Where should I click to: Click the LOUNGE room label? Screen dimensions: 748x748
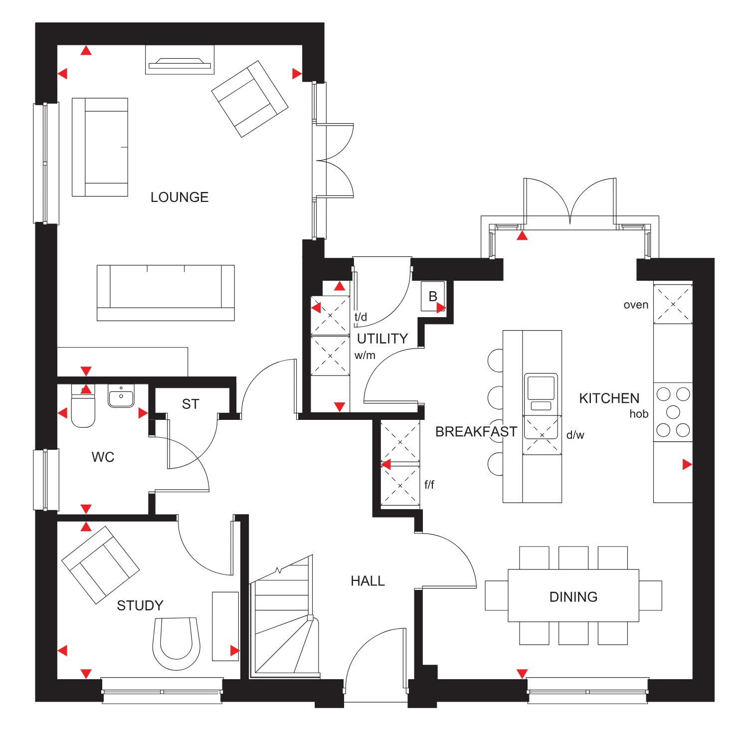pos(180,197)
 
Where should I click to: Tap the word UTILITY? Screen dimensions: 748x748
pos(382,339)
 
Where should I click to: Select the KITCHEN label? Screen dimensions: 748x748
pos(609,398)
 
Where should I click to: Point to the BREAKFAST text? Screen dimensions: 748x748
pos(476,432)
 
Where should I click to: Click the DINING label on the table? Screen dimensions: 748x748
pos(573,597)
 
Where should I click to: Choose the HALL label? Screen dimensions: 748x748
pos(368,581)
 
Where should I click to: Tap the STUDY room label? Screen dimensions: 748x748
pos(140,605)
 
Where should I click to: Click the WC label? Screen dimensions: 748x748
pos(103,457)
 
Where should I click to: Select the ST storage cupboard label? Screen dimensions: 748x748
pos(190,404)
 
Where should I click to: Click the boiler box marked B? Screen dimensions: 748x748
pos(433,297)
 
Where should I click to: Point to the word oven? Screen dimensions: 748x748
pos(636,305)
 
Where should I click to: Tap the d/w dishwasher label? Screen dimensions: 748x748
pos(575,435)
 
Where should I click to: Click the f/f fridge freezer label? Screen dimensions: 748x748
pos(429,484)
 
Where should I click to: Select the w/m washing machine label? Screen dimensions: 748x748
pos(365,356)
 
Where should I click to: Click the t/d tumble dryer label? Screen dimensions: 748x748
pos(361,317)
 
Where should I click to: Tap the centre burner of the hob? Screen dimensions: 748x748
pos(673,412)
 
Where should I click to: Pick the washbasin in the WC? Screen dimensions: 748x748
pos(121,396)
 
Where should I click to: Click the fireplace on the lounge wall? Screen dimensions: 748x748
pos(180,60)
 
